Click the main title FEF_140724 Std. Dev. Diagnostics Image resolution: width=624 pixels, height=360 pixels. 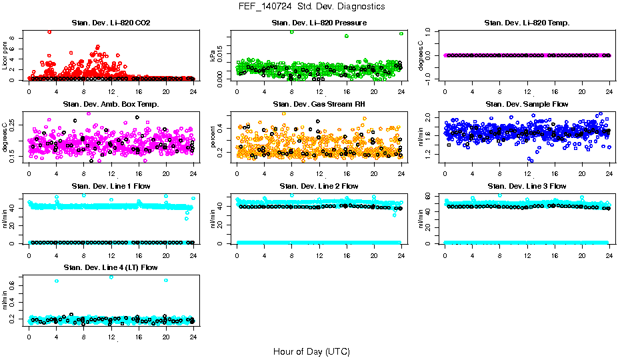coord(311,7)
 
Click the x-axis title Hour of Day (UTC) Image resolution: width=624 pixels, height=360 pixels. coord(311,351)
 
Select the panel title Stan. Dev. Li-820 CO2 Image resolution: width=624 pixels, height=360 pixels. coord(111,23)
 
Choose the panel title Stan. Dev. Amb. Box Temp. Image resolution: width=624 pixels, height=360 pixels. coord(111,105)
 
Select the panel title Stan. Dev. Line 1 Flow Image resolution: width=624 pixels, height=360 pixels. coord(111,186)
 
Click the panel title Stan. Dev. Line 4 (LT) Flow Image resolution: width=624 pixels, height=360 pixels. coord(111,267)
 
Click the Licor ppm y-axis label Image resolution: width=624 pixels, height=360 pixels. coord(5,55)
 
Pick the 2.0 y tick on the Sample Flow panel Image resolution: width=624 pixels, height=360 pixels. coord(433,117)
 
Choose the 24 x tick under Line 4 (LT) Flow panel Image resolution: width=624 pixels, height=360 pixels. coord(193,337)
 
